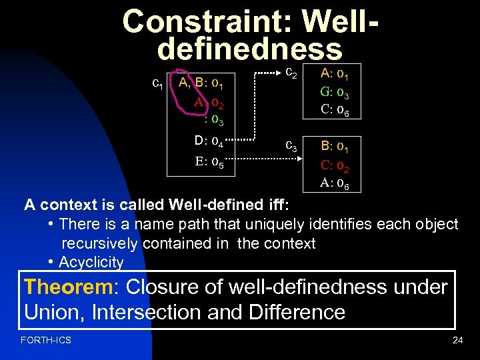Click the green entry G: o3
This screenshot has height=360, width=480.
[x=340, y=92]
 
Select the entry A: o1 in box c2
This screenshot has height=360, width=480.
[x=340, y=74]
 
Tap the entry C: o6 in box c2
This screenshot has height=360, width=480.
[x=340, y=110]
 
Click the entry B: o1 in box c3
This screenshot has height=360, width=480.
[x=340, y=146]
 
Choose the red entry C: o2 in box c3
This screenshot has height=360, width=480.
[x=340, y=164]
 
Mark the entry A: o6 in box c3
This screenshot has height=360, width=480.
[x=340, y=182]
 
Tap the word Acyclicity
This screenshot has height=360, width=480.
[x=91, y=262]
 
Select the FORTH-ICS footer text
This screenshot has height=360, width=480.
[x=46, y=341]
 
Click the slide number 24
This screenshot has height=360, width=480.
[x=457, y=341]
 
